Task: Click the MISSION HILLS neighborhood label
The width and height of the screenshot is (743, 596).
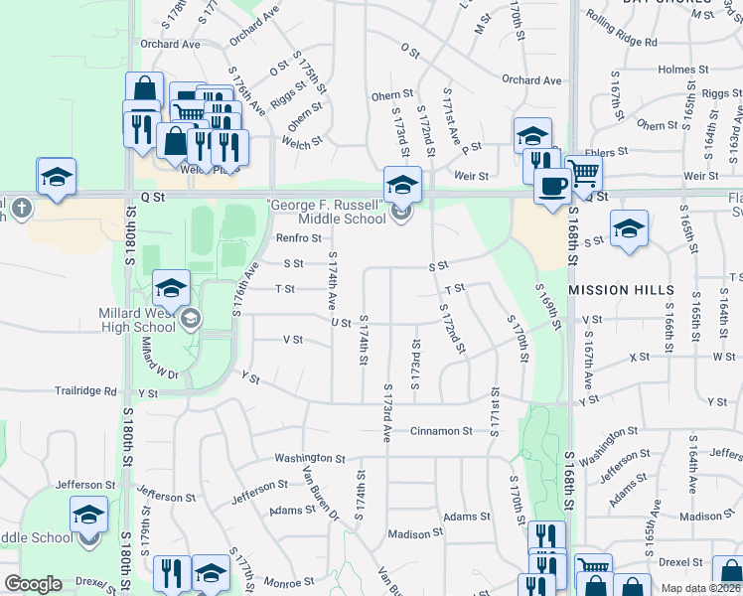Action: coord(626,290)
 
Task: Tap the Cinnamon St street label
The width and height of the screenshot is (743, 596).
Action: coord(441,431)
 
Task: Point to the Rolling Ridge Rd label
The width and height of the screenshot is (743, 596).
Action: coord(622,43)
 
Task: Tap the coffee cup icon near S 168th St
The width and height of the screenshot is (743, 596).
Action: coord(551,185)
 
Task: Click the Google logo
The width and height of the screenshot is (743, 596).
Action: coord(33,584)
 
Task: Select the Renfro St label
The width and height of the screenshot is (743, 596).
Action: coord(298,238)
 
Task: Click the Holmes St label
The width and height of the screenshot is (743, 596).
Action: coord(676,70)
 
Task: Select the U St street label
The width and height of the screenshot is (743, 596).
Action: coord(341,323)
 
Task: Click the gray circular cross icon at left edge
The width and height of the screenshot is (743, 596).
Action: coord(23,210)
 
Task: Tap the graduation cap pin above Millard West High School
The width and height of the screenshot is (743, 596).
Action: coord(172,290)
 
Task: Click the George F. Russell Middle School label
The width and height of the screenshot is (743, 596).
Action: coord(325,212)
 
